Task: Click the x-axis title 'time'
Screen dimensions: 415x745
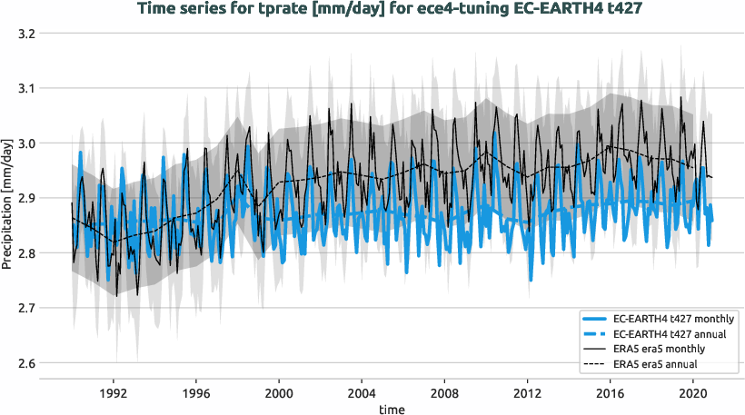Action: point(392,409)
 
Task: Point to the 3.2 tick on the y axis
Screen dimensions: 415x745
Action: point(25,34)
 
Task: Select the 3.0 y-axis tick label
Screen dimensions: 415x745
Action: point(25,143)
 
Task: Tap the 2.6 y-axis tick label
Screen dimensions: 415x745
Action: point(25,363)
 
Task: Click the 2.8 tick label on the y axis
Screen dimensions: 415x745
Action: point(25,253)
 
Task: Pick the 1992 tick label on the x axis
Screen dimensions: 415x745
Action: point(113,394)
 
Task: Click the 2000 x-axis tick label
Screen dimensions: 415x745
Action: point(279,394)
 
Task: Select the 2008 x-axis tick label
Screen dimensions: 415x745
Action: point(444,394)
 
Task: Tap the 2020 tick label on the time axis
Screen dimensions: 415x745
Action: point(693,394)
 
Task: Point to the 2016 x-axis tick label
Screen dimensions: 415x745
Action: point(611,394)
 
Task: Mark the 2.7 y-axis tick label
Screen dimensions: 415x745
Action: point(25,309)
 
